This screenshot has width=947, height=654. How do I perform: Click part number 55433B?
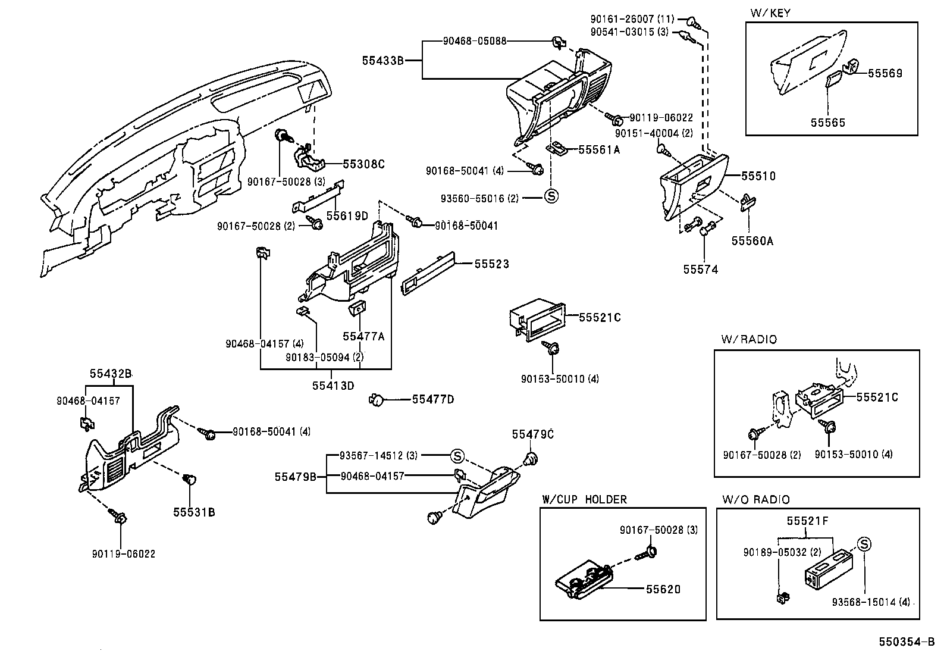pyautogui.click(x=382, y=61)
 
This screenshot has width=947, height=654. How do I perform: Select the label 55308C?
pyautogui.click(x=363, y=164)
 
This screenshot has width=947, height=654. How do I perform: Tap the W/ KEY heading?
pyautogui.click(x=770, y=13)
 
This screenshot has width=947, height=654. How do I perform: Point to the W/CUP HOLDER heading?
pyautogui.click(x=585, y=499)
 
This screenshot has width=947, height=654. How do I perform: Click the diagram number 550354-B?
pyautogui.click(x=907, y=642)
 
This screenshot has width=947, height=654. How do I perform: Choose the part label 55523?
pyautogui.click(x=492, y=264)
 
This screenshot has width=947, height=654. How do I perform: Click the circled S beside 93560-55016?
pyautogui.click(x=551, y=196)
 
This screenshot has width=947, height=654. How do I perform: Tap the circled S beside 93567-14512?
pyautogui.click(x=457, y=456)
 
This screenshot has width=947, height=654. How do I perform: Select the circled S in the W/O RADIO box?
pyautogui.click(x=864, y=544)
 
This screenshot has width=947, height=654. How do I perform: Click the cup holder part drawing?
pyautogui.click(x=584, y=581)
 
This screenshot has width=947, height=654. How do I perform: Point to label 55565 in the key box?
pyautogui.click(x=828, y=123)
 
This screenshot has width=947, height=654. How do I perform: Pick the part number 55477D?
pyautogui.click(x=433, y=399)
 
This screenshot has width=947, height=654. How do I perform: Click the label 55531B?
pyautogui.click(x=194, y=512)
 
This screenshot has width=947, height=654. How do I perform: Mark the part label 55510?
pyautogui.click(x=758, y=176)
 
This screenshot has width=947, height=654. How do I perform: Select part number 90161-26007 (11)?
pyautogui.click(x=632, y=19)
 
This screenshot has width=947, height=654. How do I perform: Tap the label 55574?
pyautogui.click(x=701, y=270)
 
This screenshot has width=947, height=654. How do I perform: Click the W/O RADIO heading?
pyautogui.click(x=756, y=500)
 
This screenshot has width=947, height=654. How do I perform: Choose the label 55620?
pyautogui.click(x=663, y=589)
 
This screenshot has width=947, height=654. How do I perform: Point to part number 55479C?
pyautogui.click(x=533, y=434)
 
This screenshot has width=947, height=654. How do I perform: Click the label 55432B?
pyautogui.click(x=110, y=374)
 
